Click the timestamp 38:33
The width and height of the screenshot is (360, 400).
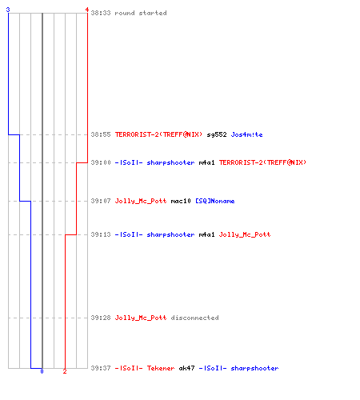(x=101, y=13)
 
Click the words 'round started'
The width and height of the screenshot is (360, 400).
(x=141, y=13)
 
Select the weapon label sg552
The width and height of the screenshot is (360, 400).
(x=217, y=134)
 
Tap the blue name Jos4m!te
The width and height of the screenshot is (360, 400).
(x=246, y=134)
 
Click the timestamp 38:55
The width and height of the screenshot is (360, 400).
(x=101, y=134)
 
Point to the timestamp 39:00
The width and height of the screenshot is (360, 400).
(x=101, y=162)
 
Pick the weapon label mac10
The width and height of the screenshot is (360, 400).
(x=181, y=201)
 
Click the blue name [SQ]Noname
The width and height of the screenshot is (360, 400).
(x=215, y=201)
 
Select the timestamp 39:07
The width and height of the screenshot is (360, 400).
(x=101, y=201)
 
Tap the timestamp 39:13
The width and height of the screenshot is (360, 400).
(x=101, y=234)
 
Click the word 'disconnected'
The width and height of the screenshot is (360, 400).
(x=194, y=318)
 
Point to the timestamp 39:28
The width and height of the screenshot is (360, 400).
(x=101, y=318)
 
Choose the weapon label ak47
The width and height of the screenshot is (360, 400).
(x=186, y=368)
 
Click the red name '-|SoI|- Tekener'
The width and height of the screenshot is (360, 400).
(x=145, y=368)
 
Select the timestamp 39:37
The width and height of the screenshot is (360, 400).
(x=101, y=368)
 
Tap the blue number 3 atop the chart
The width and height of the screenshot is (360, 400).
(x=8, y=10)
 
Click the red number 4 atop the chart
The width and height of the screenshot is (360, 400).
(x=87, y=10)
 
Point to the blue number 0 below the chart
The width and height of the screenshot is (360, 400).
(x=42, y=371)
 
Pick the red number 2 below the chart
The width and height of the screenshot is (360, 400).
(x=65, y=371)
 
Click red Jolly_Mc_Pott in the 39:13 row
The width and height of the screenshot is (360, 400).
(x=245, y=234)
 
